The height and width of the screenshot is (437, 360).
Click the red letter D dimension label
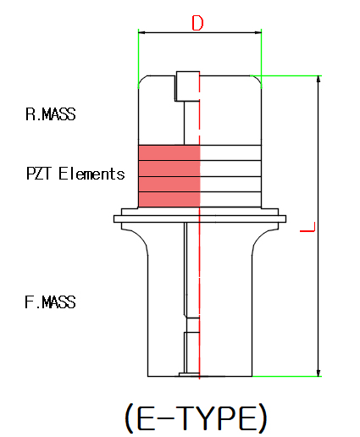(197, 23)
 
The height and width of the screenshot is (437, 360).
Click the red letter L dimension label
(307, 227)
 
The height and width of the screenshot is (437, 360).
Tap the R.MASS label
(51, 114)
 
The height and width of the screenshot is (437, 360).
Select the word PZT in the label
(39, 174)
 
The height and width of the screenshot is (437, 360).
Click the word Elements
(91, 174)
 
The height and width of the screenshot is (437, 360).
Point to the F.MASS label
(50, 301)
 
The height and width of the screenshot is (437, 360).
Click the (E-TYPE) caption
(196, 418)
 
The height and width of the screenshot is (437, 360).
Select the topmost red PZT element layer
(169, 152)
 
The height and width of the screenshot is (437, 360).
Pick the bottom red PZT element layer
(169, 200)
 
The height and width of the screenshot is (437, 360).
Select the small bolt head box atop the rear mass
(188, 86)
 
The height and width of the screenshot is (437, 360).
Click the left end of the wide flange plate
(114, 218)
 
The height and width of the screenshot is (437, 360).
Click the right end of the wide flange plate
(285, 218)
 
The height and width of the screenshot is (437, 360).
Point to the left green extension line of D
(138, 58)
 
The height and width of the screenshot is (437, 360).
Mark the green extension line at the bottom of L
(287, 376)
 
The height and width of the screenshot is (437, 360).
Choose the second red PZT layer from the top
(169, 169)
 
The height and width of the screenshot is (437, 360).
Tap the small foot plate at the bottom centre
(189, 374)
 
